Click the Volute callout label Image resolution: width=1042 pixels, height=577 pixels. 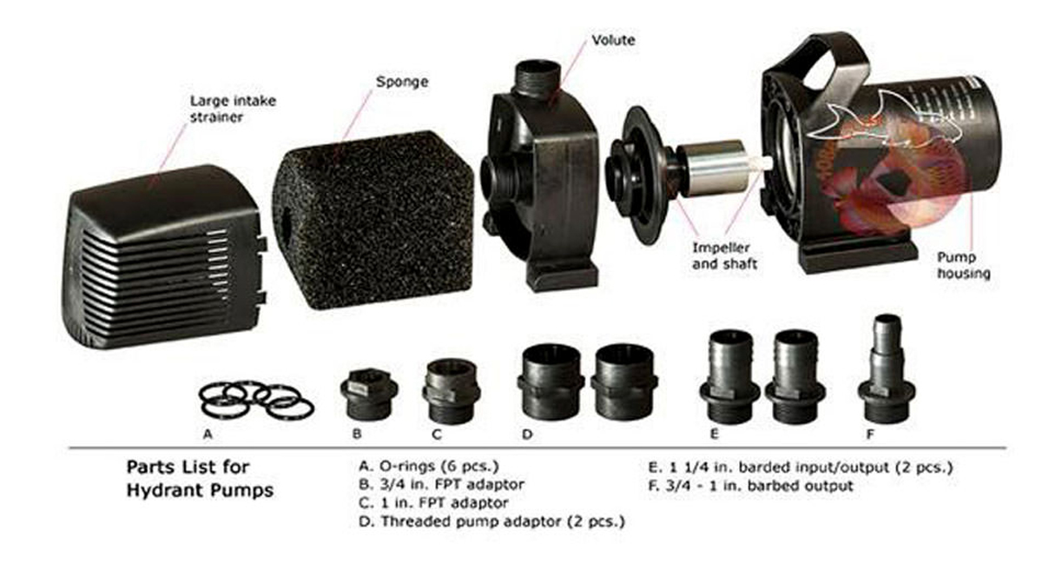coord(613,40)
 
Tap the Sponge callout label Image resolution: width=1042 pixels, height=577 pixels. coord(402,82)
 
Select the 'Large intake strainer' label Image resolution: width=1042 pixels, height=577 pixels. coord(233,109)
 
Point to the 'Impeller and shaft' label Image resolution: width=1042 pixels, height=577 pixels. coord(724,256)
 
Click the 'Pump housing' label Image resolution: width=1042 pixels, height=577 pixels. coord(963,265)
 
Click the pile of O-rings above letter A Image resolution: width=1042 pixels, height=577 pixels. coord(257,401)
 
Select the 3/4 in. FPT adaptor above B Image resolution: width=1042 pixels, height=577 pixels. coord(369,394)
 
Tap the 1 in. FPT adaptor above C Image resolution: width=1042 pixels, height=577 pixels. coord(451,391)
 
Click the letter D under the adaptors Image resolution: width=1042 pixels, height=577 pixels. coord(527,434)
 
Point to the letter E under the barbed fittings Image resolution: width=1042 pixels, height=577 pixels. coord(715,434)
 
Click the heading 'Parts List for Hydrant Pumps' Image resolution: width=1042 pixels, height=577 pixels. coord(200,479)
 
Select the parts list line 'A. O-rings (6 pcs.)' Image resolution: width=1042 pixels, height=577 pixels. coord(429,466)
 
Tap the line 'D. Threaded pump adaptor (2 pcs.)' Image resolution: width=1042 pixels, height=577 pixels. coord(491,521)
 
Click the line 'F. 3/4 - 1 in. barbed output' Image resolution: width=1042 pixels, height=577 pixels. coord(751,486)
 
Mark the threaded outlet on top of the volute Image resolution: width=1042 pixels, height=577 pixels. coord(537,78)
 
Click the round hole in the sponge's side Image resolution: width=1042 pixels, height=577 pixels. coord(286,220)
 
